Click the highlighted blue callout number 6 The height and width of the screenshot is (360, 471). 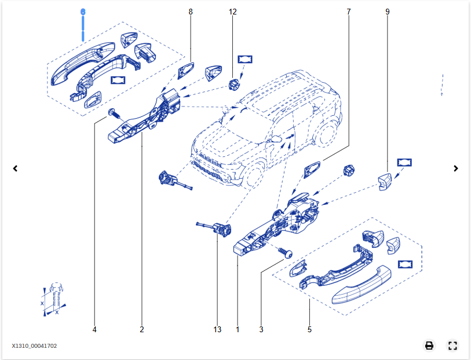tap(83, 12)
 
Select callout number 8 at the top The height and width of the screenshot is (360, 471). tap(191, 12)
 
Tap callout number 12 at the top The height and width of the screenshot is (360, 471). tap(232, 12)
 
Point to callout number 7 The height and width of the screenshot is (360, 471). tap(348, 12)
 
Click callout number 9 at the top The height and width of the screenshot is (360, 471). tap(387, 12)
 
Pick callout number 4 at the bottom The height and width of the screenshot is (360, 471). tap(94, 329)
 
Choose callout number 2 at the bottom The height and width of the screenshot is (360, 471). tap(142, 329)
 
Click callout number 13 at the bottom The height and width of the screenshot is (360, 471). tap(217, 329)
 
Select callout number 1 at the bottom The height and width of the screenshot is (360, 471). tap(238, 329)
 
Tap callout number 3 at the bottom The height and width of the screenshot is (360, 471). tap(261, 329)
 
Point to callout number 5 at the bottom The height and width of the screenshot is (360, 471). tap(309, 329)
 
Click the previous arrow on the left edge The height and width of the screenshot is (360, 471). tap(15, 168)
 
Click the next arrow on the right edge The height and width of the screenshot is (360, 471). tap(456, 168)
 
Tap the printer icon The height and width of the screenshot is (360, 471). tap(429, 346)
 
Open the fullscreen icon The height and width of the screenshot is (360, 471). tap(452, 346)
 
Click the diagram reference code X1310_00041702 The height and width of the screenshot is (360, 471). tap(34, 346)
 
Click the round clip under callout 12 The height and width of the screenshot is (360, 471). tap(233, 85)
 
